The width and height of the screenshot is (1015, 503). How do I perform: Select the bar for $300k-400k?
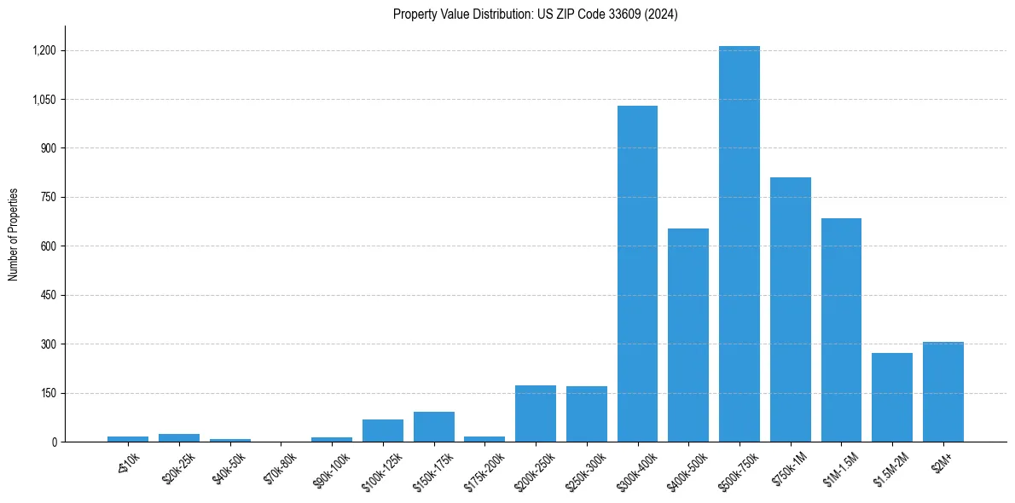coord(637,274)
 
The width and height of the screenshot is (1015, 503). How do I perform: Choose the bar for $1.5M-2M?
coord(892,397)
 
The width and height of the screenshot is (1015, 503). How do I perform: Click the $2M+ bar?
coord(942,392)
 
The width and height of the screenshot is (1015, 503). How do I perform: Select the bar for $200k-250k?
coord(536,413)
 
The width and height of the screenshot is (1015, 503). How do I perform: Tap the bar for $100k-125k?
coord(383,431)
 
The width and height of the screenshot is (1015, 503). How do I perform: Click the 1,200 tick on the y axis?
coord(43,50)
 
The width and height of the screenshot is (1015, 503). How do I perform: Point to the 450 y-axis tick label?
coord(48,295)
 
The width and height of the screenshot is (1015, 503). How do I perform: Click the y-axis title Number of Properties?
coord(13,234)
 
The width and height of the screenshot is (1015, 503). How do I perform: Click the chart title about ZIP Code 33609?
coord(535,14)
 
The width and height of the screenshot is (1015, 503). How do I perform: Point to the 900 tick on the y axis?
coord(48,148)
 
